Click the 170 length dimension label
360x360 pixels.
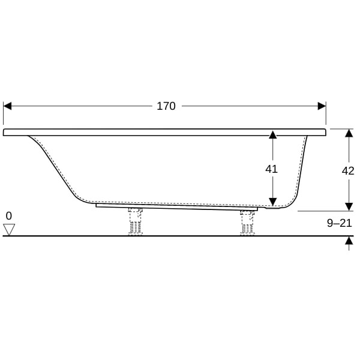(x=166, y=106)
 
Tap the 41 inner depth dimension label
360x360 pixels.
(x=271, y=169)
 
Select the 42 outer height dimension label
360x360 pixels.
(x=348, y=171)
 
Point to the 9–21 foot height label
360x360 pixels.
(x=340, y=223)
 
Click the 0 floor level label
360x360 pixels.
(x=9, y=216)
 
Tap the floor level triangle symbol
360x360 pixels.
(x=9, y=229)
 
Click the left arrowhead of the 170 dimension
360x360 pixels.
(x=8, y=106)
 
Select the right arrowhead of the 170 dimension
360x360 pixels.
(x=322, y=106)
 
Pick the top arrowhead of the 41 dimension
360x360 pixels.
(x=272, y=134)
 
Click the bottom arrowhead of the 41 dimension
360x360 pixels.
(x=272, y=202)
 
